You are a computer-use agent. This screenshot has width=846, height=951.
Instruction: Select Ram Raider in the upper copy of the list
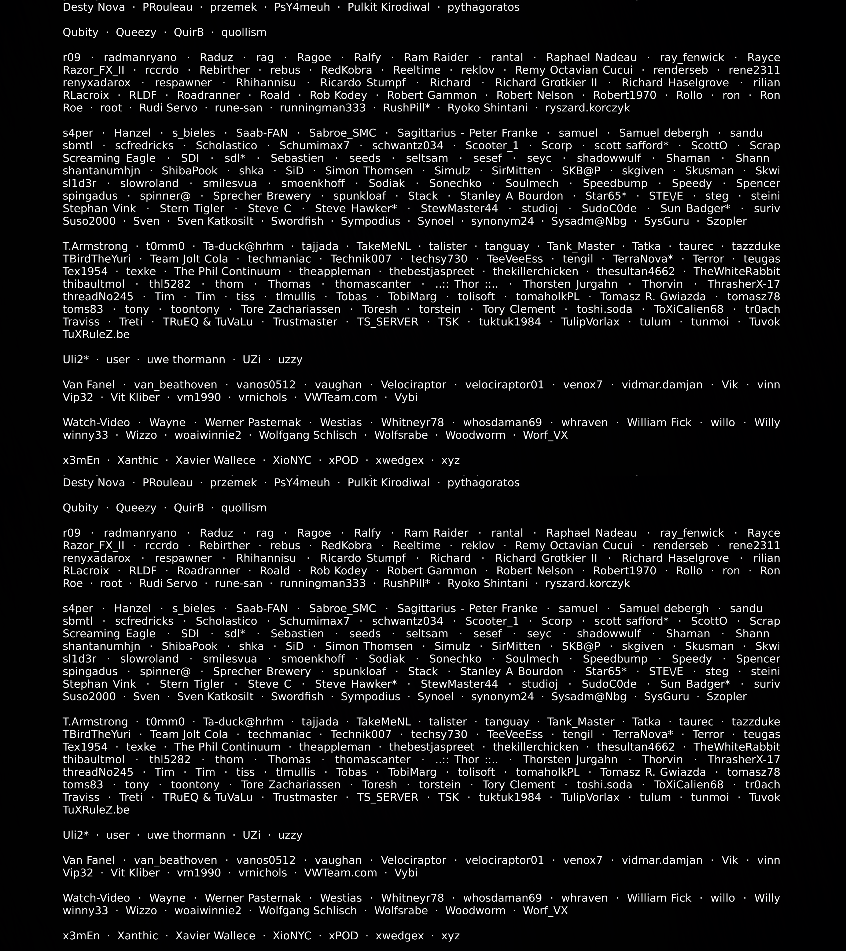click(x=436, y=58)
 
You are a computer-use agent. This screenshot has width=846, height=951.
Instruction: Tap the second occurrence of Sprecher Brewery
click(x=262, y=671)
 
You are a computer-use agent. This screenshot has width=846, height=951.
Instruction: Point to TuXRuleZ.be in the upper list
click(x=96, y=335)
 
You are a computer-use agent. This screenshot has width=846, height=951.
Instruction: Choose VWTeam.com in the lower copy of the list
click(x=340, y=873)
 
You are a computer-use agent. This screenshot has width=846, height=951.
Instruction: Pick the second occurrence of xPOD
click(x=343, y=936)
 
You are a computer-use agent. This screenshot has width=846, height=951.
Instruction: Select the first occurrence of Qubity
click(x=81, y=33)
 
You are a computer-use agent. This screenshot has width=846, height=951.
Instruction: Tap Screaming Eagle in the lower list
click(x=109, y=634)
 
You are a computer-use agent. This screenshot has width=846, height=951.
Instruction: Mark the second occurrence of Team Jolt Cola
click(x=189, y=734)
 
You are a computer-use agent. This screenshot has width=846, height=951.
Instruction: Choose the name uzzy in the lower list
click(x=290, y=835)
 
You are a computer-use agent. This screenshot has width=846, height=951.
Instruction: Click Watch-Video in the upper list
click(x=96, y=422)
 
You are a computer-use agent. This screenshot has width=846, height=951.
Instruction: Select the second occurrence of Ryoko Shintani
click(x=488, y=583)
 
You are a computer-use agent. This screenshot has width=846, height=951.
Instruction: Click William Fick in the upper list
click(x=659, y=422)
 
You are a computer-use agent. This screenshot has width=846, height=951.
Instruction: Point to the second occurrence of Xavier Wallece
click(x=215, y=936)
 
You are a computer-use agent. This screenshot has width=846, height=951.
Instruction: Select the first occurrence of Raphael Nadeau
click(x=591, y=58)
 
